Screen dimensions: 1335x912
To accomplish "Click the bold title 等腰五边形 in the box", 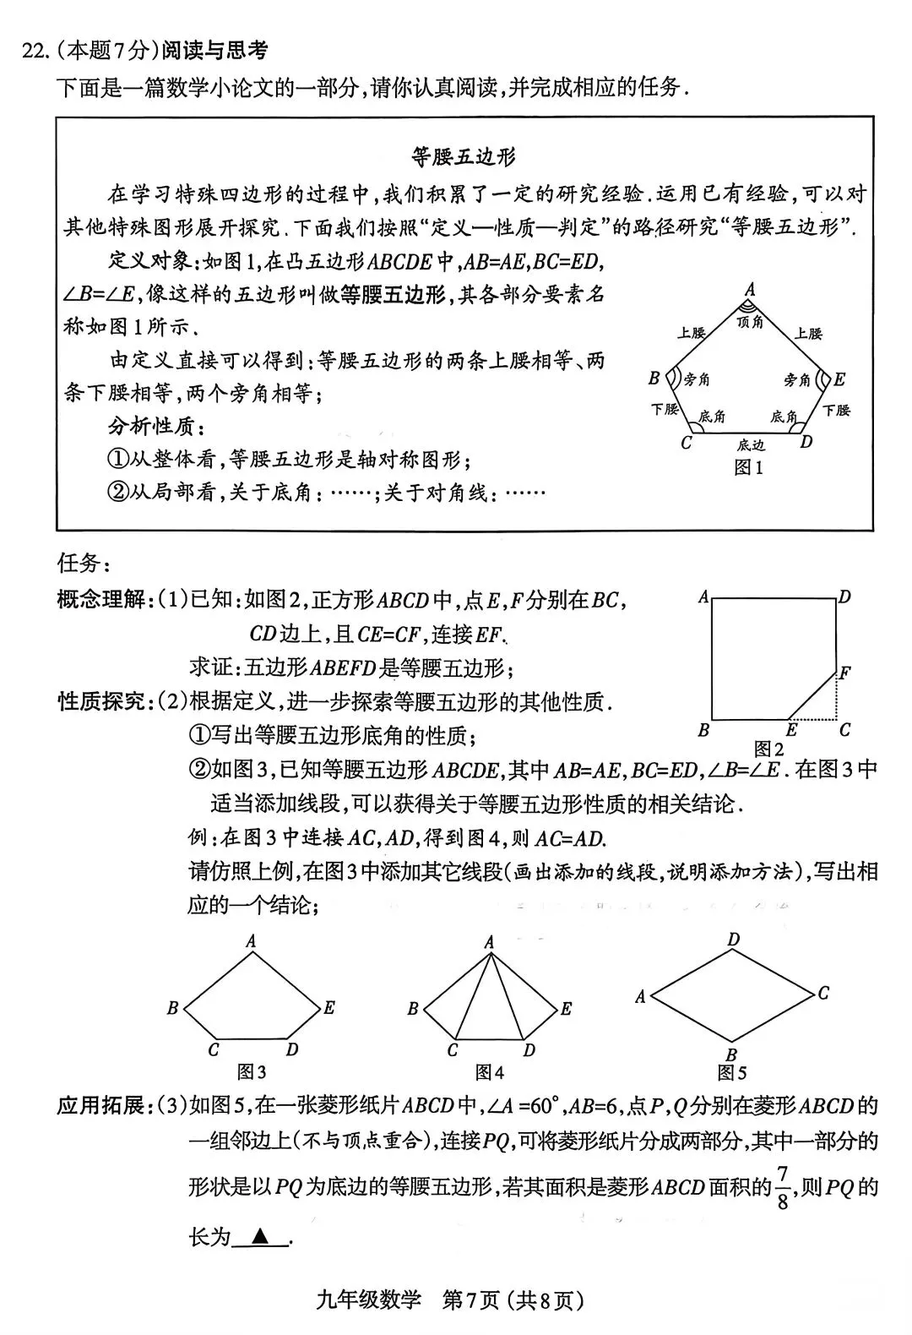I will (464, 156).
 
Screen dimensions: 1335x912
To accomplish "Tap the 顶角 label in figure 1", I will (749, 322).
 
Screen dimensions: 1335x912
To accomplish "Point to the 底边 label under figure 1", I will (750, 444).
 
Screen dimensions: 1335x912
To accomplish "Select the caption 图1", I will (749, 467).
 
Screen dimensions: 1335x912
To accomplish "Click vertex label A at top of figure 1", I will (749, 290).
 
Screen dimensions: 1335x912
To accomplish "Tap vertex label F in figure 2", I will (844, 673).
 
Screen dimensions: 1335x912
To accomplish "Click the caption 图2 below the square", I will (768, 749).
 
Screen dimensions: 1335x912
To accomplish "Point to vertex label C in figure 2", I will (844, 730).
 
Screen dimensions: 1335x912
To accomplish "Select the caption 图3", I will (252, 1072).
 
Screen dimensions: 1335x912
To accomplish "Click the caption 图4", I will (490, 1072).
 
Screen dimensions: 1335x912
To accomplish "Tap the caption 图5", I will (731, 1073).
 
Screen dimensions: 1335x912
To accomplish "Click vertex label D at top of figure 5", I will (734, 940).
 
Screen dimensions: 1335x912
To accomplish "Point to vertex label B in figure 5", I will (731, 1054).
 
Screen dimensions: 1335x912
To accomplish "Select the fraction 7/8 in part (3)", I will (783, 1187).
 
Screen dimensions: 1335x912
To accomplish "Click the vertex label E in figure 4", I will (566, 1009).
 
